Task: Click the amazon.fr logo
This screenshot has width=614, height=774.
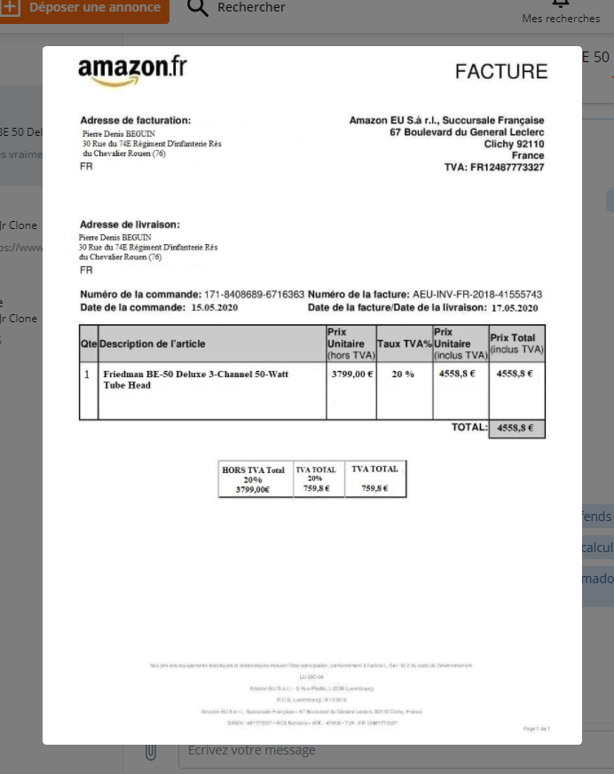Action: coord(132,70)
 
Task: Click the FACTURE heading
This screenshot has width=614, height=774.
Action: coord(501,72)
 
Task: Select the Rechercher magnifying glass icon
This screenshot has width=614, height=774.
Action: coord(199,8)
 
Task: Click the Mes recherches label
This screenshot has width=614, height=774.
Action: coord(561,19)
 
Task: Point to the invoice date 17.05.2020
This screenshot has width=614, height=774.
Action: coord(515,308)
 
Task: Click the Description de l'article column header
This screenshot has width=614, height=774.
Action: coord(152,344)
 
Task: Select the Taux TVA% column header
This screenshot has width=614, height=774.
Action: coord(404,344)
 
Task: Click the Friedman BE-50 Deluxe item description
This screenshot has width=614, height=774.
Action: coord(195,380)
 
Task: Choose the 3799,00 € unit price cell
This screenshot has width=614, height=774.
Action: coord(352,375)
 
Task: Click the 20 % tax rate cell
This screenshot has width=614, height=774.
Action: coord(404,375)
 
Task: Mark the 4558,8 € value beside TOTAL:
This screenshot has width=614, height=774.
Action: coord(515,428)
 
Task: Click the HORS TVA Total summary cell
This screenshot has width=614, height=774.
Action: coord(253,479)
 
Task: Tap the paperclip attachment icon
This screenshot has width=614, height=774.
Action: coord(151,751)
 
